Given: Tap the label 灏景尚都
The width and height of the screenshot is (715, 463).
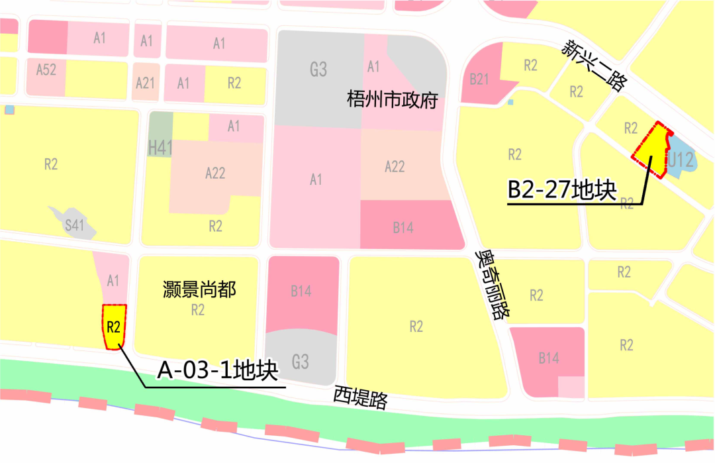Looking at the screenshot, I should click(x=199, y=289).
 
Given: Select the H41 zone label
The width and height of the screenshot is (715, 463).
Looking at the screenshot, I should click(x=160, y=148).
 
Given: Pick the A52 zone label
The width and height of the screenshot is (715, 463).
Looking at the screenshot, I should click(x=46, y=70).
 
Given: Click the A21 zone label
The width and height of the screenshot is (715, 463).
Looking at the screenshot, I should click(x=145, y=83).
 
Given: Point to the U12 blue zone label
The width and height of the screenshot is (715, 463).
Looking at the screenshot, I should click(x=680, y=159).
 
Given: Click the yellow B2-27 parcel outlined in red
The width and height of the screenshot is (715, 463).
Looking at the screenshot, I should click(x=651, y=150).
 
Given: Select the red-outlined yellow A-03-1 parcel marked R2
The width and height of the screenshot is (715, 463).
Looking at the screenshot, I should click(x=113, y=327).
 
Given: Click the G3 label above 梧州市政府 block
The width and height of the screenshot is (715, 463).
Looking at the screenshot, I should click(x=318, y=69).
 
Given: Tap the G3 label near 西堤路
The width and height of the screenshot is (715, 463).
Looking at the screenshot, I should click(x=300, y=362).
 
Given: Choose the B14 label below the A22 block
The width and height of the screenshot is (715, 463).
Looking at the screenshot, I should click(x=403, y=228).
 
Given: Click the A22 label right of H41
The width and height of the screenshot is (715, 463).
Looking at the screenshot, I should click(x=215, y=173).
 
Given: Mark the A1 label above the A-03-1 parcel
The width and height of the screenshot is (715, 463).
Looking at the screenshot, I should click(x=113, y=281).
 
